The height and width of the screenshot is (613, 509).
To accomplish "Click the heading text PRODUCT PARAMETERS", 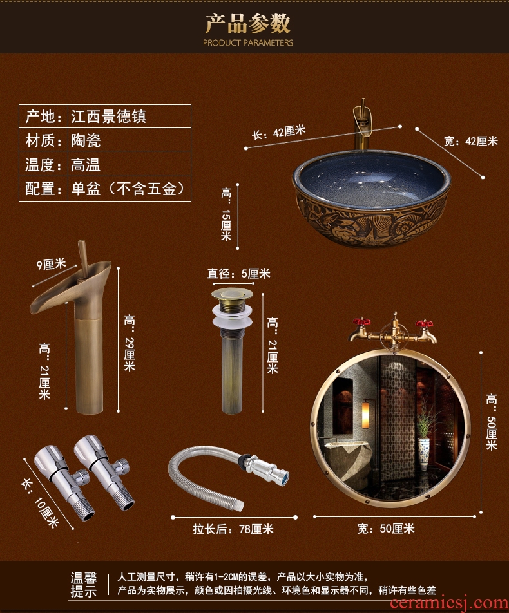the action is (x=247, y=42).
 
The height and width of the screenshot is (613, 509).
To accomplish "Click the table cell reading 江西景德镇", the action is (x=108, y=116).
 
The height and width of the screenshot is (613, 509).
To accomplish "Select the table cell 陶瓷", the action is (x=86, y=140).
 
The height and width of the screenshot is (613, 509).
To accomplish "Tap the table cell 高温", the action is (x=86, y=164).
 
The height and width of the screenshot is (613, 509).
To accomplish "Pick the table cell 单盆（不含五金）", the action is (x=128, y=189).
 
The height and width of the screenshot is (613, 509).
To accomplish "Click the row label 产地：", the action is (x=43, y=116).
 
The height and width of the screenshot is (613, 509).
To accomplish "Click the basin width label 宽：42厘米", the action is (x=470, y=141).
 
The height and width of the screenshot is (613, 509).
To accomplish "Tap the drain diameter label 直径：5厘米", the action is (x=238, y=273).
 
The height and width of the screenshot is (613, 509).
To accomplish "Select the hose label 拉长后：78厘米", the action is (x=233, y=529).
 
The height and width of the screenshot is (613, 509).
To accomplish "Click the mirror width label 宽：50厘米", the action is (x=386, y=529).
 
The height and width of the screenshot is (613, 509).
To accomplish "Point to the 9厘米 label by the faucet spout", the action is (x=51, y=264).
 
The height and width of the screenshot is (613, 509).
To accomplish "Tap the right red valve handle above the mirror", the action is (x=425, y=324).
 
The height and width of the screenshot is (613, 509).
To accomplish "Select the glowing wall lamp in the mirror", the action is (x=365, y=413).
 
